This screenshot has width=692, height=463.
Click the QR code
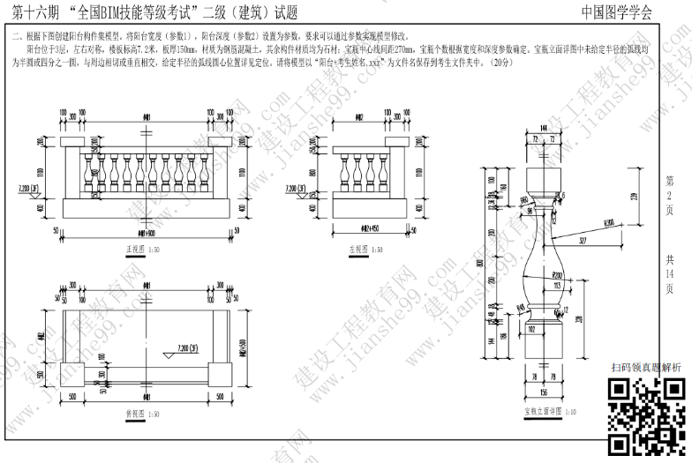(x=648, y=414)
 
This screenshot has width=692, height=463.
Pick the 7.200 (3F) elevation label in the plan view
(x=187, y=347)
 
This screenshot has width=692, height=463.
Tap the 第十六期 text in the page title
(x=30, y=12)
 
